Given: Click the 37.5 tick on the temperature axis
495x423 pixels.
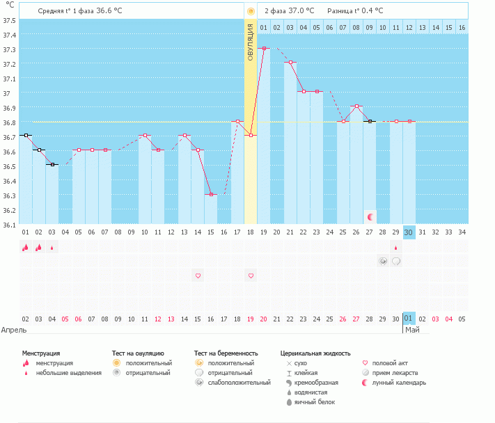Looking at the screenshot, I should click(8, 20).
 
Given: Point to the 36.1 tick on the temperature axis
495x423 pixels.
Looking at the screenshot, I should click(8, 224).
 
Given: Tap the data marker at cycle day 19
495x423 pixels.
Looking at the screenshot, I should click(264, 48).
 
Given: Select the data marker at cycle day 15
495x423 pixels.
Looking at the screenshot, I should click(211, 194).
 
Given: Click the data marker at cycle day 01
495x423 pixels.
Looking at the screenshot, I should click(25, 135).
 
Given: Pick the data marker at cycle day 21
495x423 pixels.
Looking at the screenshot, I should click(290, 62).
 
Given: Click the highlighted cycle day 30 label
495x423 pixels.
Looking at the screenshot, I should click(409, 232).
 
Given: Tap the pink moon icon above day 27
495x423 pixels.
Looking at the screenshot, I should click(370, 217).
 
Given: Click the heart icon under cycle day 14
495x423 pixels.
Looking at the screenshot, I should click(198, 276).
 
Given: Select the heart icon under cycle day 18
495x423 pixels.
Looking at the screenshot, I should click(251, 276).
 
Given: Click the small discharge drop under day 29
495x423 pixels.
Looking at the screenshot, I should click(396, 247).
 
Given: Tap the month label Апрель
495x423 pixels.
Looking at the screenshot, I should click(13, 330).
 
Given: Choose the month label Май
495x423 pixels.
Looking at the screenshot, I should click(411, 330).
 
